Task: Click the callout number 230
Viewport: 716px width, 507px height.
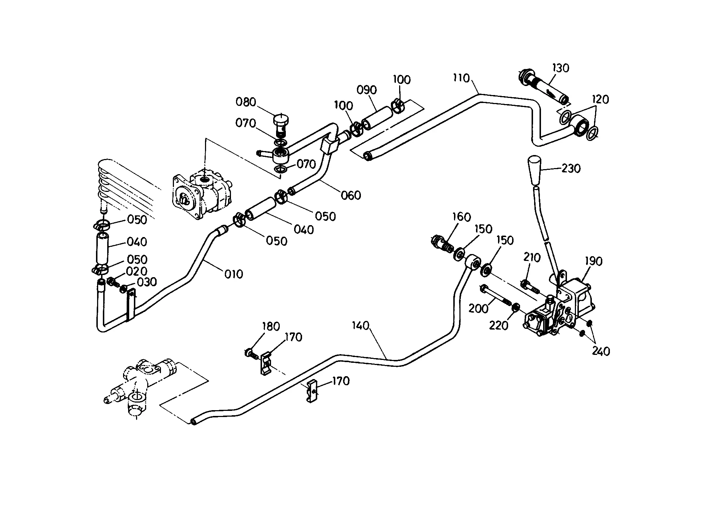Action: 571,168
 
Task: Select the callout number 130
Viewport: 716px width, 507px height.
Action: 560,68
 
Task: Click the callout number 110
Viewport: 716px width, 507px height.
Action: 462,78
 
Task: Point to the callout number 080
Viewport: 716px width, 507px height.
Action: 246,102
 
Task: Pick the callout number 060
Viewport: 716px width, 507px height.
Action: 351,195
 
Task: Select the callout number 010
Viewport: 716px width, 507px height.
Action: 233,274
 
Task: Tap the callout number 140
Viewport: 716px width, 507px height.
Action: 361,326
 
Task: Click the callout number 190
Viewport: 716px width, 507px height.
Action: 594,261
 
